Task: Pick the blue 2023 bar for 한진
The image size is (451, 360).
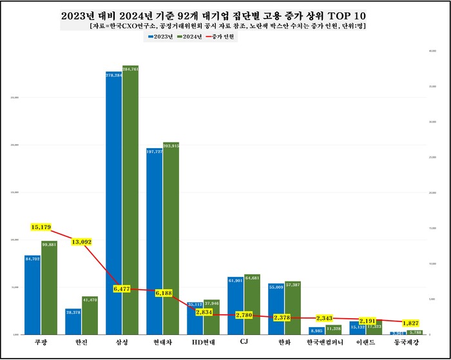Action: pos(73,321)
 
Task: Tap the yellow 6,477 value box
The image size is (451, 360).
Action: pos(122,289)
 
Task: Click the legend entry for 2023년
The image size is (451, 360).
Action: pos(160,37)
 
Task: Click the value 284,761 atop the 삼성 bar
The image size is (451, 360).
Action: pos(130,68)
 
